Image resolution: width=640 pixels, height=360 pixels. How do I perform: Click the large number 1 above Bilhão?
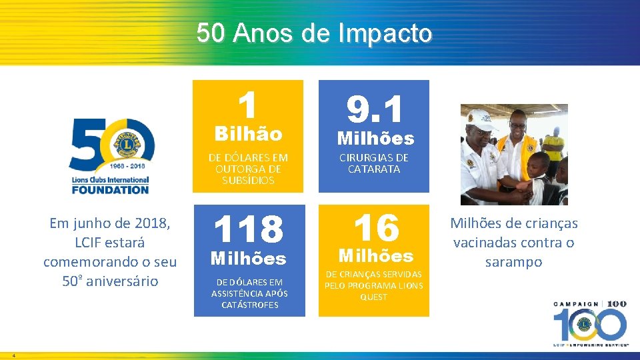click(248, 105)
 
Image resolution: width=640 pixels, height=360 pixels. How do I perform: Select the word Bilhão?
click(248, 134)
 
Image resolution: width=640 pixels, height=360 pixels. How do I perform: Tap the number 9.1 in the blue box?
click(375, 109)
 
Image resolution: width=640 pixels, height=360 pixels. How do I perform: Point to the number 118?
click(249, 229)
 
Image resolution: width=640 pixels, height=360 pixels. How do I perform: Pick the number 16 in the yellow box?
click(376, 228)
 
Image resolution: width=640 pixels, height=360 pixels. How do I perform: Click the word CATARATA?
click(374, 169)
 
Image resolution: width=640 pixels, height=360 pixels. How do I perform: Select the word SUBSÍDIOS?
click(249, 181)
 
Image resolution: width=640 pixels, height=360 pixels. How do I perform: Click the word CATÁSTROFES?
click(249, 305)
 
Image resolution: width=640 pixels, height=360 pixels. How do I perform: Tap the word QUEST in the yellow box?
click(373, 297)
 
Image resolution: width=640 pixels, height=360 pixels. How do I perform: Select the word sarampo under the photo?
click(513, 261)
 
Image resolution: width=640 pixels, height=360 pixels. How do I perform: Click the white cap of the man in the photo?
click(481, 118)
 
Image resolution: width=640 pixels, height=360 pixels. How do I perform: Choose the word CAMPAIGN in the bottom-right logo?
click(577, 303)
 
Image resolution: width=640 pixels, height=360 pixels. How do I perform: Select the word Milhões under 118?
click(249, 258)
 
